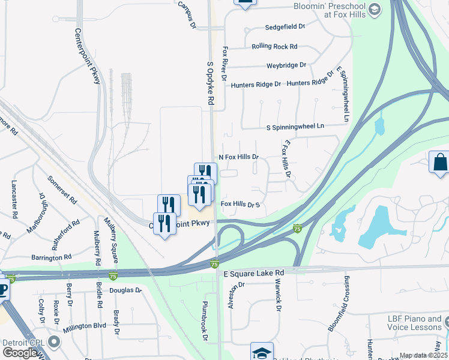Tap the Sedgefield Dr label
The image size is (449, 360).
285,27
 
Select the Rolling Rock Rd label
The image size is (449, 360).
274,46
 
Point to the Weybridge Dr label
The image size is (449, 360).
286,65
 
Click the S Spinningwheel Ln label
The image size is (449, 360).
295,127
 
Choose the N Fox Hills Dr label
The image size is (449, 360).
238,157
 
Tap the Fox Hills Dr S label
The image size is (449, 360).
240,205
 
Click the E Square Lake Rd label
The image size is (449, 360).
253,272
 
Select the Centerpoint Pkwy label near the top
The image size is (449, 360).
88,56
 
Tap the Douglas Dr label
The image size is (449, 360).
125,290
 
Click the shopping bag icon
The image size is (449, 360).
440,161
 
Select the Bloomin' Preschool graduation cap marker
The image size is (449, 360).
375,9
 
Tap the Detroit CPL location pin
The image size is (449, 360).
55,342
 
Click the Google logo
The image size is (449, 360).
20,353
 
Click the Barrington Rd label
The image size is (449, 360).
52,257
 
